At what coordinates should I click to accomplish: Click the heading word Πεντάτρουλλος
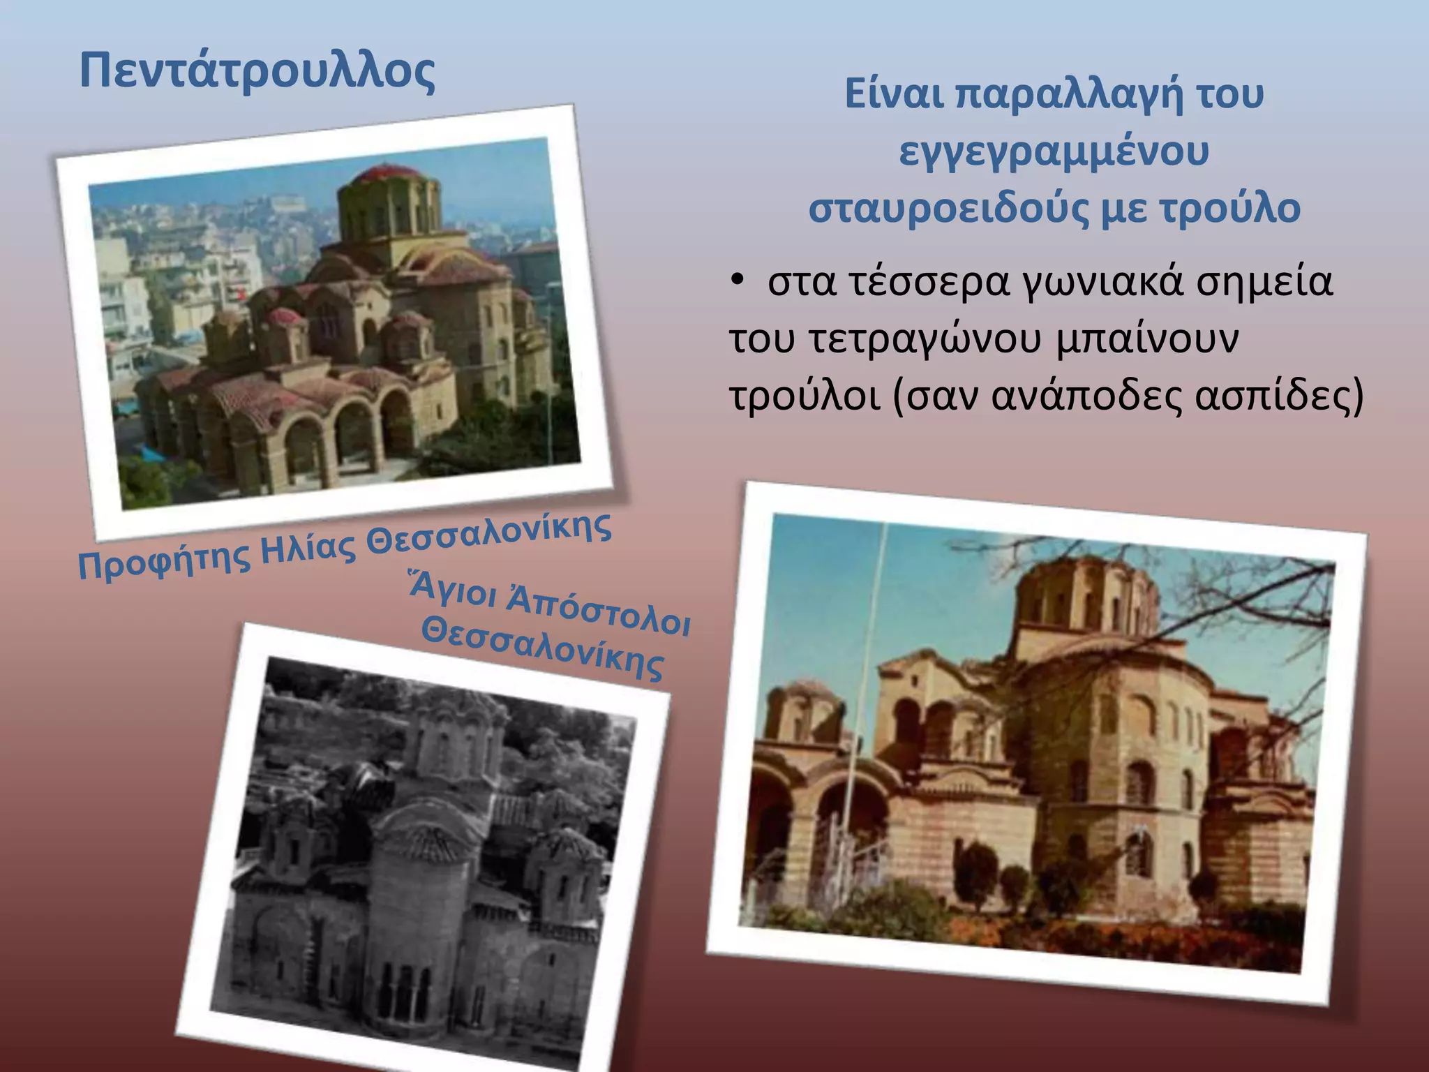coord(257,71)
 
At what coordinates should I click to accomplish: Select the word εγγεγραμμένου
coord(1054,151)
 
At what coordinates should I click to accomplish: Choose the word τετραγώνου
coord(925,340)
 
